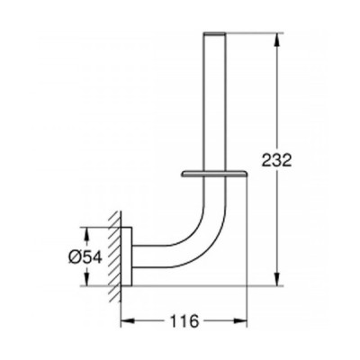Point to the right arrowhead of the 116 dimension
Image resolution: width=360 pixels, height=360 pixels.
(x=242, y=319)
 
